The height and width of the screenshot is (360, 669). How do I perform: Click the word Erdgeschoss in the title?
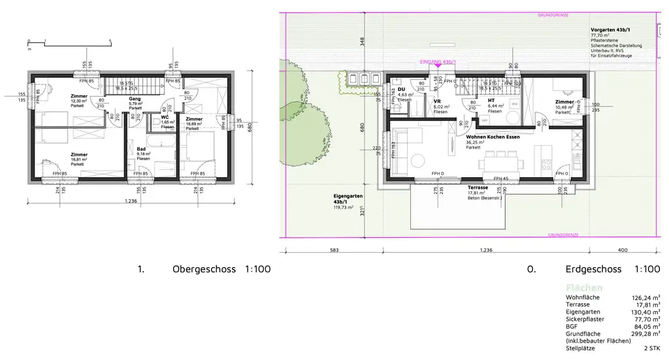(594, 269)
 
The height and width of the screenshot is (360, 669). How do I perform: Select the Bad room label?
(141, 149)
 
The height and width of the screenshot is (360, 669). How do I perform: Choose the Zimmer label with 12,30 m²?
(78, 96)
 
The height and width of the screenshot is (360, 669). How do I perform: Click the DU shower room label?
(402, 90)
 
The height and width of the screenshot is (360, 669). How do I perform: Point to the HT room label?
(491, 100)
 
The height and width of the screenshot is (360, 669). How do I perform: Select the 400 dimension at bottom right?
(622, 250)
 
